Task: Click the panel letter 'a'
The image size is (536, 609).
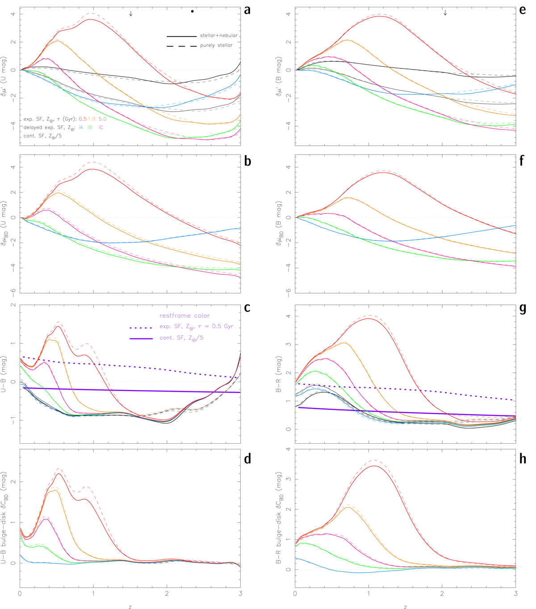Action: [x=247, y=10]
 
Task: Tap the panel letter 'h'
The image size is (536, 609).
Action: [x=523, y=459]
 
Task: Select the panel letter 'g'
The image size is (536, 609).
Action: [x=523, y=309]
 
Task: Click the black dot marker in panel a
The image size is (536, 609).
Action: [x=193, y=11]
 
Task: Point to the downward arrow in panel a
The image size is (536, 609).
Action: [x=131, y=13]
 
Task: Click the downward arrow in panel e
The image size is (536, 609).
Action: [x=445, y=13]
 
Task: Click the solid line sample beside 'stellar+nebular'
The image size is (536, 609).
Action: [x=181, y=36]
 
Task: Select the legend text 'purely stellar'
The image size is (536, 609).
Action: [x=216, y=46]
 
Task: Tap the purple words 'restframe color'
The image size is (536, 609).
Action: [x=184, y=316]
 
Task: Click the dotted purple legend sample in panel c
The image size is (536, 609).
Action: [x=141, y=328]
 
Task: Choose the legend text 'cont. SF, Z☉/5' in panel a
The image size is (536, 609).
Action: [x=42, y=136]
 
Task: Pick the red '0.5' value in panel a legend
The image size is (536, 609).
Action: [x=83, y=119]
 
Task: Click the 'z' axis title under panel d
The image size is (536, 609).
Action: [x=130, y=607]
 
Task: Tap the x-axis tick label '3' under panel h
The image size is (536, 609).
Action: [x=515, y=594]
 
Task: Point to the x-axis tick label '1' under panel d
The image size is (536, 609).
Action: [x=93, y=594]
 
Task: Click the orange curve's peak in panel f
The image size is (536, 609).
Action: [x=348, y=197]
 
